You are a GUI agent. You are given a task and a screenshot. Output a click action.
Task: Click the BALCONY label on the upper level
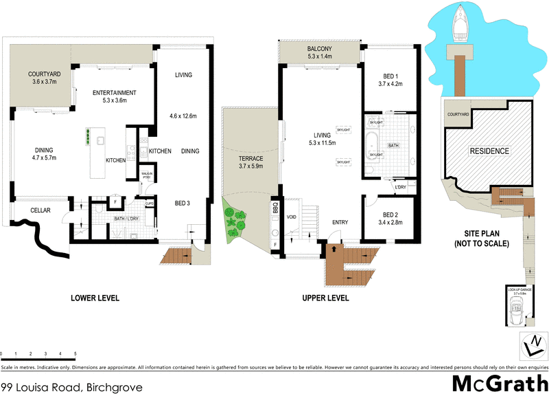[x=320, y=49]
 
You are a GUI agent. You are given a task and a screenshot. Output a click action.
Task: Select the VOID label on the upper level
[x=290, y=218]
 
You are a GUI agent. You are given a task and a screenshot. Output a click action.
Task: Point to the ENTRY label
[x=340, y=223]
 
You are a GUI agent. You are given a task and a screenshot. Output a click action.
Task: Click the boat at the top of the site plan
[x=460, y=24]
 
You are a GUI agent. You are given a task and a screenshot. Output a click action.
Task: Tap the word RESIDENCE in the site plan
[x=489, y=151]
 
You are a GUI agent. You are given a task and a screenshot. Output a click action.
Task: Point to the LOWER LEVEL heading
[x=95, y=298]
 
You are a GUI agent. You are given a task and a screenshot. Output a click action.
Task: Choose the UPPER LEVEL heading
[x=325, y=298]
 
